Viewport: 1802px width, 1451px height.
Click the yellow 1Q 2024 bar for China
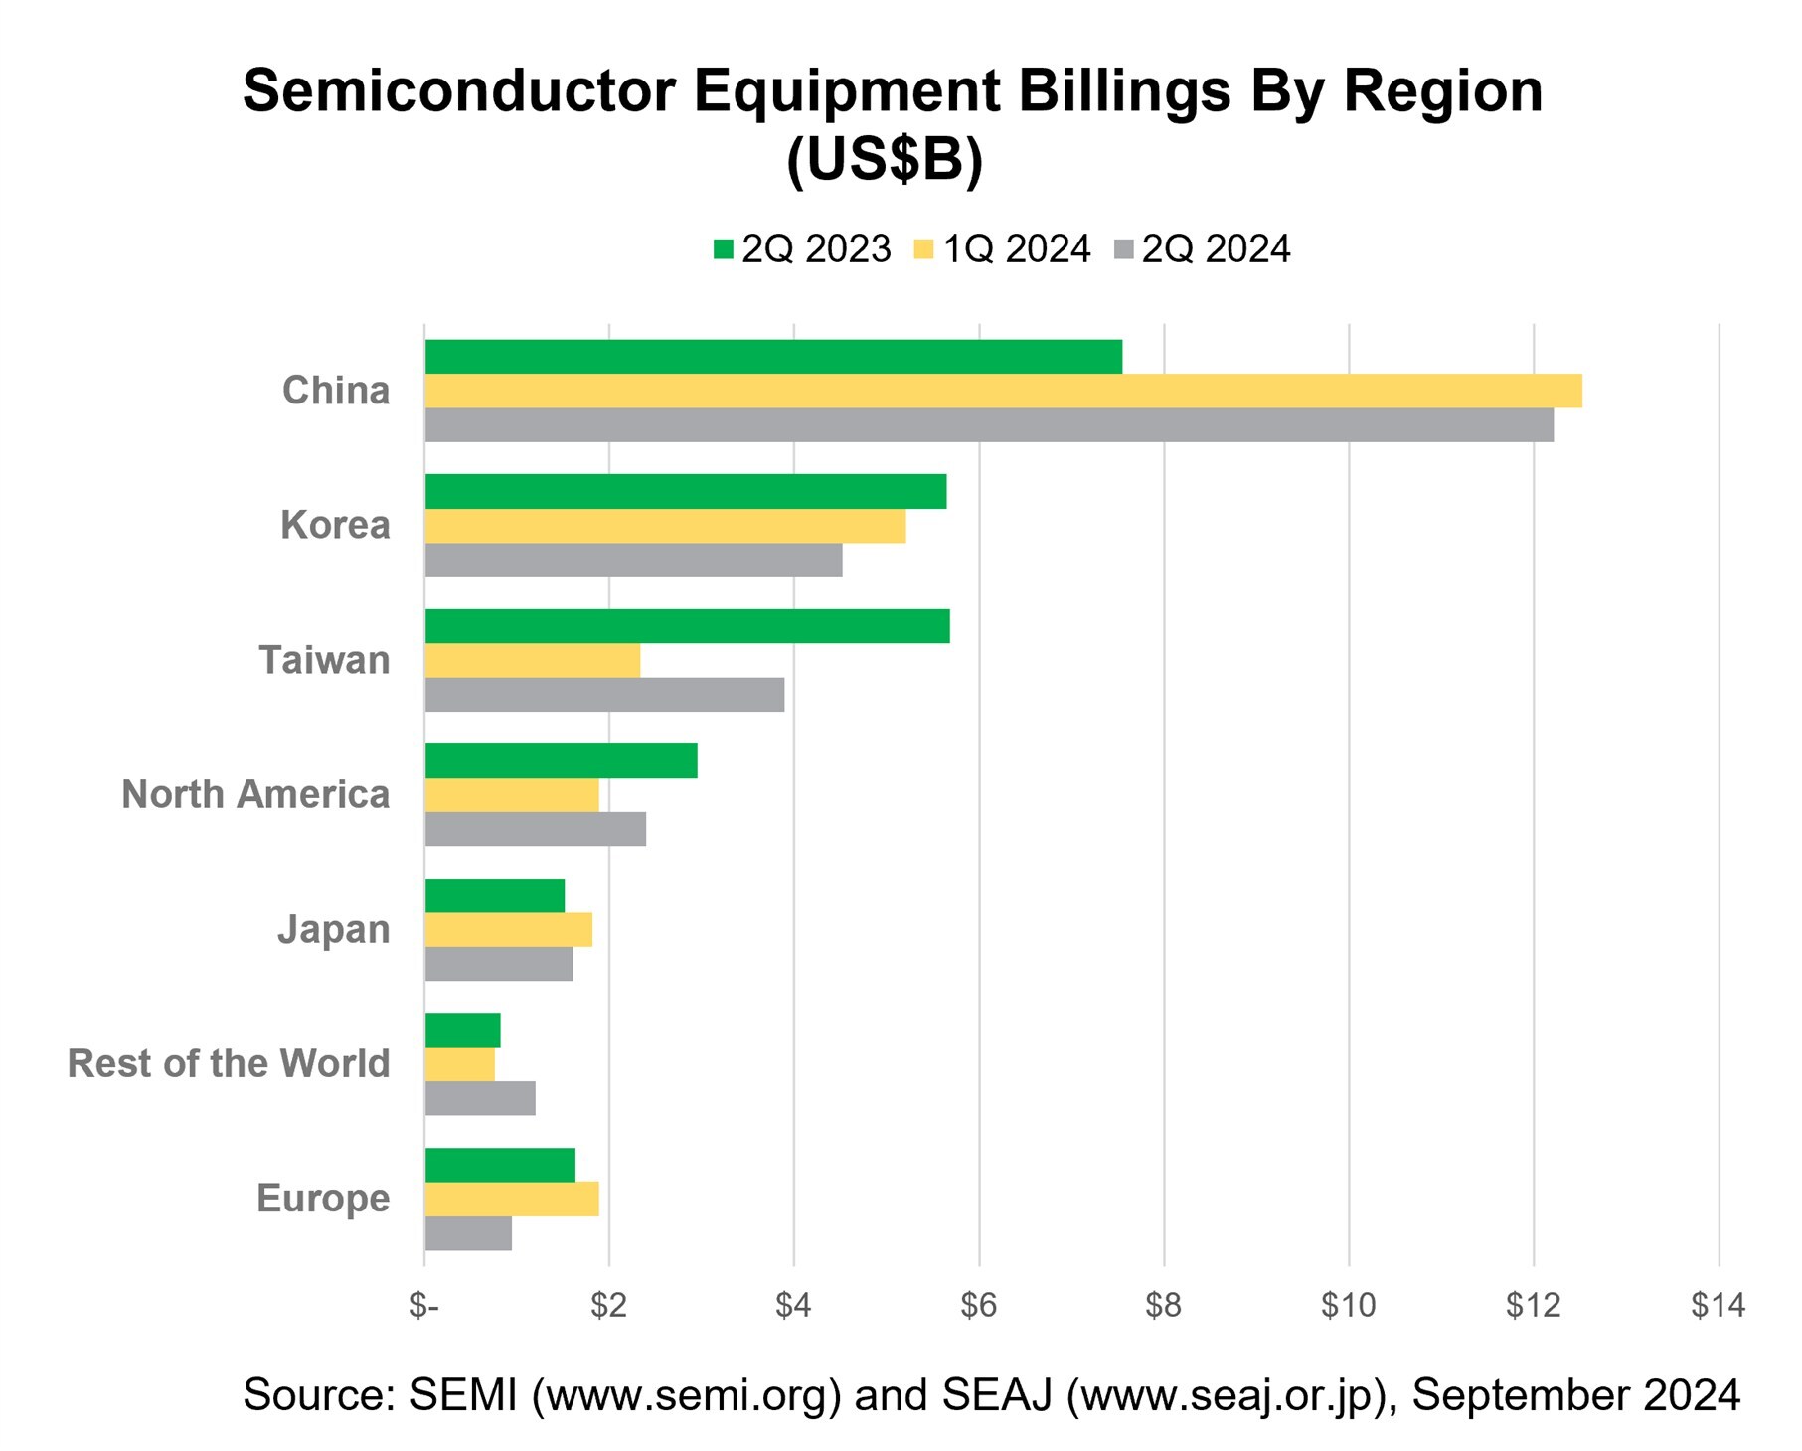1002,391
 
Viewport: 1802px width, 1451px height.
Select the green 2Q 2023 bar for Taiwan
687,626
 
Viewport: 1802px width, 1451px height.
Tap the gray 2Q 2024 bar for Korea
633,561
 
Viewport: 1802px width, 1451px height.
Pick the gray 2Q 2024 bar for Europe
468,1233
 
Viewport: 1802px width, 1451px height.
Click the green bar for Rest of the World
462,1030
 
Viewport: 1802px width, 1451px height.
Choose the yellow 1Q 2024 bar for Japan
508,930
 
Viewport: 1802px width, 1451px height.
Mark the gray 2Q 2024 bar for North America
535,829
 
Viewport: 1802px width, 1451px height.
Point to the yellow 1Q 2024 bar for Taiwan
532,660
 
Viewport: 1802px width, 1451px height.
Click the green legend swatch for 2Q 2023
723,249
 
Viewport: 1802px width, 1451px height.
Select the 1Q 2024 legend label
1016,249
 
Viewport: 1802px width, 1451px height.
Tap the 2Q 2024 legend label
1215,249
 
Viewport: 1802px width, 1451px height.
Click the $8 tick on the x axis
1163,1305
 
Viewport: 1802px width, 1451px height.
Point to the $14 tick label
1718,1305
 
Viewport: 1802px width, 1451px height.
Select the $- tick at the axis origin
424,1305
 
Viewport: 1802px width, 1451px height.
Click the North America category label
255,794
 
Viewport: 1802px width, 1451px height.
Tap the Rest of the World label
229,1063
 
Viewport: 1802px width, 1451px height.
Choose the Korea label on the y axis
335,525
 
